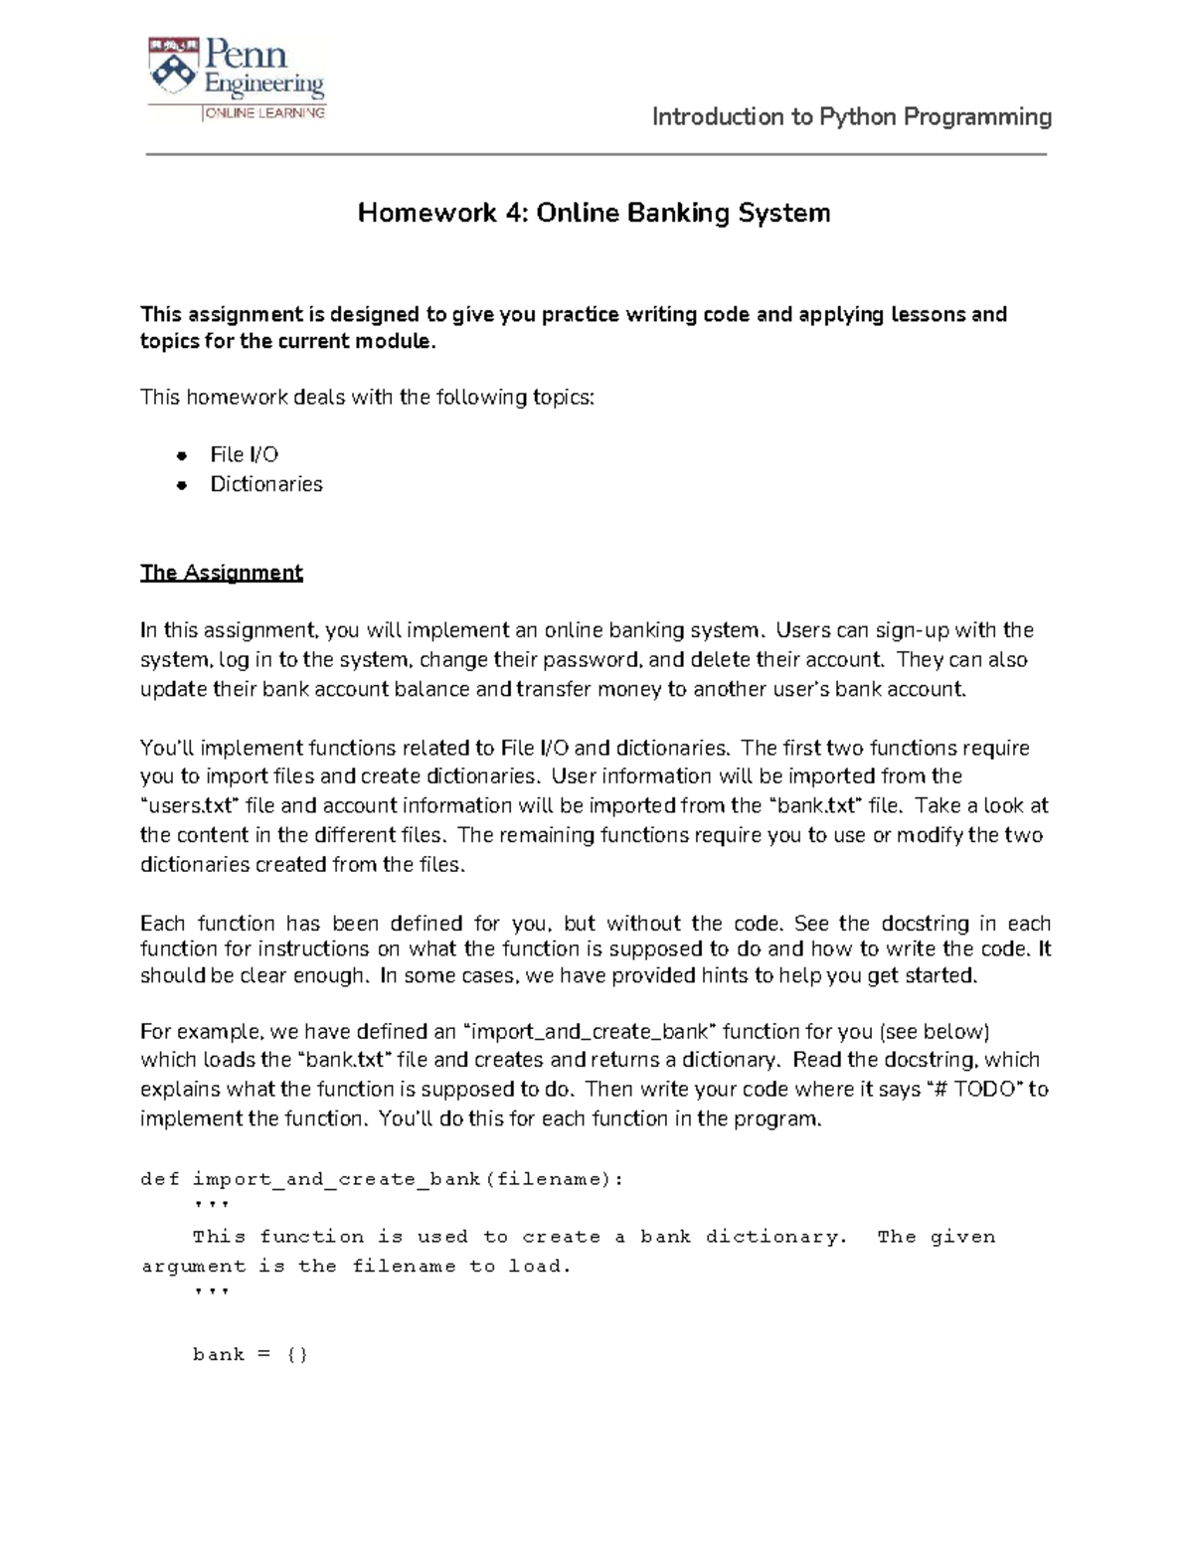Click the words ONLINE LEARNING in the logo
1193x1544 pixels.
(x=264, y=113)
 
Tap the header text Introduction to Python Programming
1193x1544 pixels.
(x=851, y=117)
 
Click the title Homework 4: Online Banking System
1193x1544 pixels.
(x=594, y=213)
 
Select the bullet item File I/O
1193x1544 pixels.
(x=244, y=454)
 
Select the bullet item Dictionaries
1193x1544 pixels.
(x=265, y=484)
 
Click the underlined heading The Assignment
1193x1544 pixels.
(x=221, y=573)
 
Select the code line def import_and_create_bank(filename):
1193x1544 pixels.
(x=383, y=1179)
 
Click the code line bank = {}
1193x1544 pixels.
(x=250, y=1354)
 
